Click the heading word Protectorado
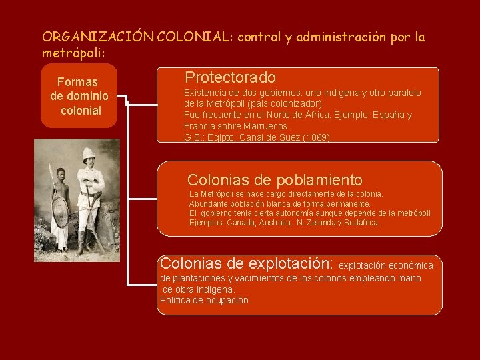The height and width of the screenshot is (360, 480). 230,77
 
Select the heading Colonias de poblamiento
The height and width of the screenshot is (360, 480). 275,180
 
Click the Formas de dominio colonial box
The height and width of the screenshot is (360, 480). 79,96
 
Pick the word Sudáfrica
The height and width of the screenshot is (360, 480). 359,223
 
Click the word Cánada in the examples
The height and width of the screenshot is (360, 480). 240,223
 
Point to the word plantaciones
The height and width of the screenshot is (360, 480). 199,278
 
